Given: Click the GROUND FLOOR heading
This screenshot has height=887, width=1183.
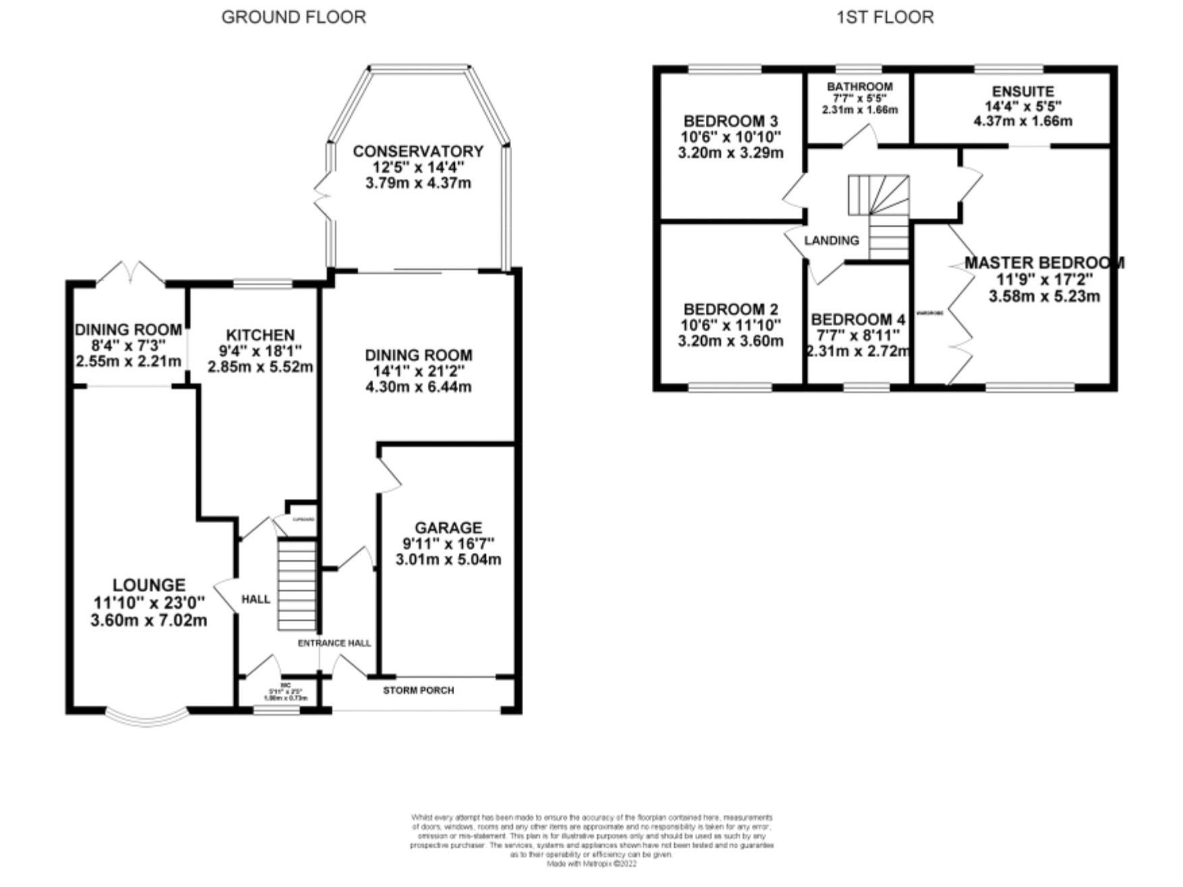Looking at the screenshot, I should pyautogui.click(x=294, y=17).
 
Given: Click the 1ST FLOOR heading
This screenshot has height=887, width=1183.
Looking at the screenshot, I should pyautogui.click(x=885, y=17).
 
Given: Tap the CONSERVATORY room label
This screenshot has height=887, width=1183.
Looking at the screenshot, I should pyautogui.click(x=418, y=151).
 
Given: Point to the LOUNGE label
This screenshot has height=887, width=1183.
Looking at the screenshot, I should pyautogui.click(x=148, y=585).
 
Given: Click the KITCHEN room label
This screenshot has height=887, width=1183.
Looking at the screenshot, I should pyautogui.click(x=260, y=335).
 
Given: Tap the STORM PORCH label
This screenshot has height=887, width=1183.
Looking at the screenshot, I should pyautogui.click(x=418, y=691).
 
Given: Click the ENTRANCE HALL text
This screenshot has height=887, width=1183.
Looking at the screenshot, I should pyautogui.click(x=334, y=643).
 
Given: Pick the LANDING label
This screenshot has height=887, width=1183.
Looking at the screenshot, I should pyautogui.click(x=831, y=240).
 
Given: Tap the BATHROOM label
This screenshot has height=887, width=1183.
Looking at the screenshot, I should pyautogui.click(x=860, y=86).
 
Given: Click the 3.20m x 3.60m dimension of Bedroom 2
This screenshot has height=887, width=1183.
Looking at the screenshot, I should pyautogui.click(x=730, y=341).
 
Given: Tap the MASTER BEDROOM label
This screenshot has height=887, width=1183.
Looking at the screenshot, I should pyautogui.click(x=1044, y=263).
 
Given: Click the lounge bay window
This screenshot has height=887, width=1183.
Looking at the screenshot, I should pyautogui.click(x=146, y=718).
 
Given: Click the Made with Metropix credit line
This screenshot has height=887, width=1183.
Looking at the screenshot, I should pyautogui.click(x=591, y=863).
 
